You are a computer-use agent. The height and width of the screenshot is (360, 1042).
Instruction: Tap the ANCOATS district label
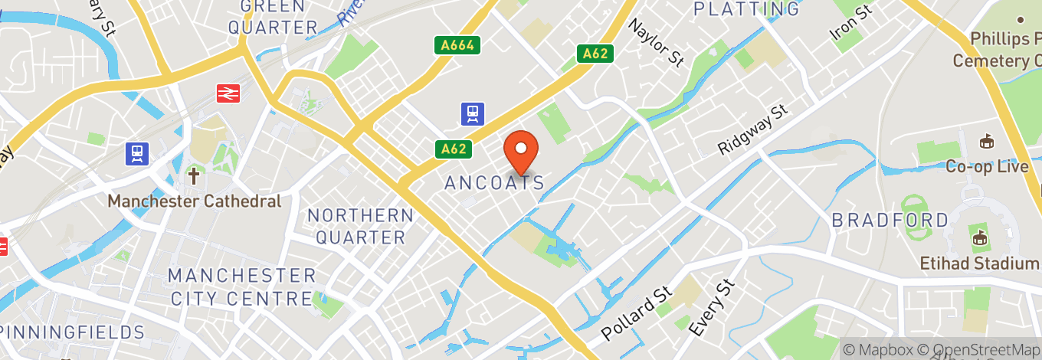point(495,183)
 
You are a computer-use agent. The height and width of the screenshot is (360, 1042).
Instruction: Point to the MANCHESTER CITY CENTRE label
point(242,286)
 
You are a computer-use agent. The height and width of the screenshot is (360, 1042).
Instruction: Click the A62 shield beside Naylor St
point(595,54)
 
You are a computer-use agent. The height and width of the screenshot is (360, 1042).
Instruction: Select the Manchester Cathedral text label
point(195,201)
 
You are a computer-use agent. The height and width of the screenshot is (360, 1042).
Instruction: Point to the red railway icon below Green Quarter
point(228,93)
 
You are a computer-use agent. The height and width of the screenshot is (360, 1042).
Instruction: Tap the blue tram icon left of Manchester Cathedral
point(137,153)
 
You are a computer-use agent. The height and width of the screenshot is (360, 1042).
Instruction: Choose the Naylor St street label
point(655,43)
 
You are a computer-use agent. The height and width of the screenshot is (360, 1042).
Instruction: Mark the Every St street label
point(711,308)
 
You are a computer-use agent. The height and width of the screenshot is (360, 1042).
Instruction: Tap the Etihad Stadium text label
point(979,263)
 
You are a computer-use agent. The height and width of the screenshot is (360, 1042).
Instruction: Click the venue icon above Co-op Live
point(986,142)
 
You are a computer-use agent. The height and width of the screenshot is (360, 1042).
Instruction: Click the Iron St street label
point(851,24)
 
